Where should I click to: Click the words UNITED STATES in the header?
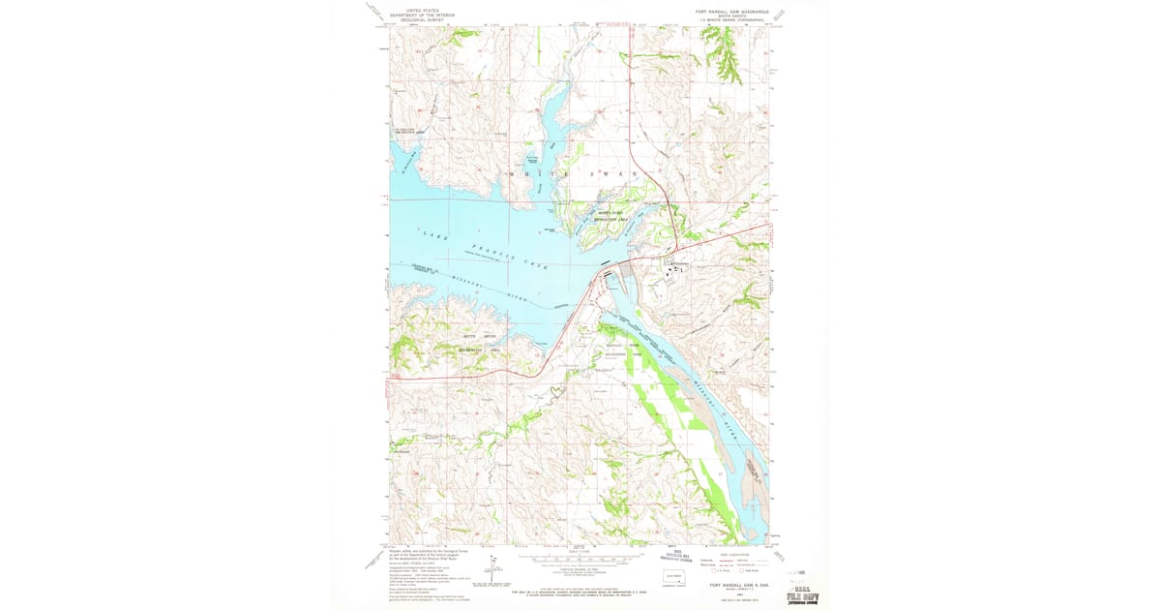pos(422,10)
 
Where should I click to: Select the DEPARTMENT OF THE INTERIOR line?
pos(422,15)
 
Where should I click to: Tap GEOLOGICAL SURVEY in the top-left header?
pos(422,19)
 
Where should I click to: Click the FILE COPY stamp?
pos(802,596)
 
